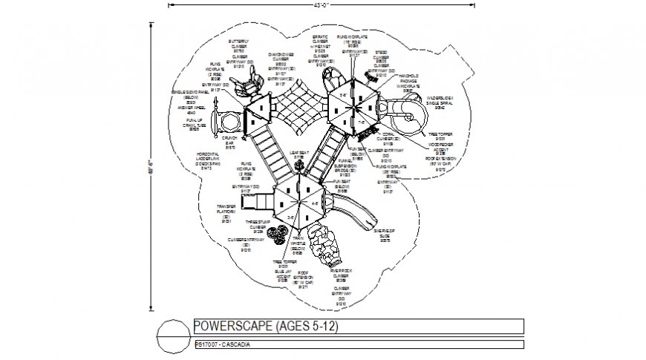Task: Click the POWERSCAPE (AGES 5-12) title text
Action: pos(266,327)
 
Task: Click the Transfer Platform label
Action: pos(226,214)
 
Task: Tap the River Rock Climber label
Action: pos(341,275)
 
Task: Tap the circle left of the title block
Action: pos(174,336)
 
